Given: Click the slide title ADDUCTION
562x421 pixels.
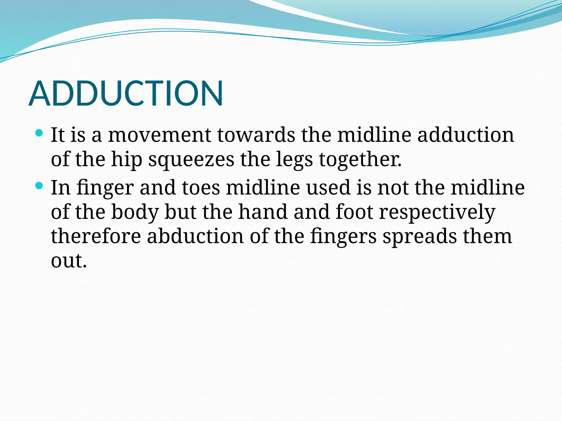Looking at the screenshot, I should pos(126,93).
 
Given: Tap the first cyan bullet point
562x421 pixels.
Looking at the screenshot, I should pos(40,133).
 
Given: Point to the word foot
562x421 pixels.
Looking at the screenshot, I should pos(354,212).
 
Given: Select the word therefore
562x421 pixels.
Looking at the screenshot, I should pos(96,236).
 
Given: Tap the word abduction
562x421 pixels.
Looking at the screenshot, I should pos(195,236).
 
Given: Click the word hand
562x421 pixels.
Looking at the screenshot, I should pos(263,212).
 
